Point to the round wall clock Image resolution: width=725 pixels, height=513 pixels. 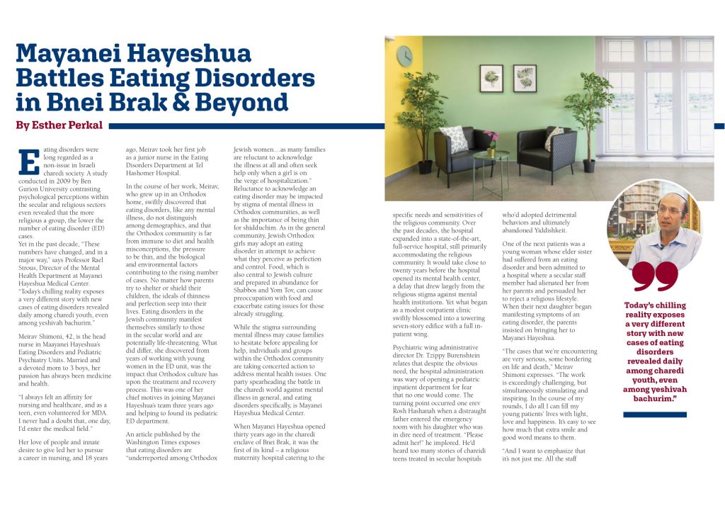click(x=404, y=56)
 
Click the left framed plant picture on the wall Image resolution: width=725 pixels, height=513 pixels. click(x=491, y=78)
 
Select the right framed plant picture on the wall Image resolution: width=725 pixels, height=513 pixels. click(x=525, y=78)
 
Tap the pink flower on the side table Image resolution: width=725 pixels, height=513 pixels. click(x=489, y=137)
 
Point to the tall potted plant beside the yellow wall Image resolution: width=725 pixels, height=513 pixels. click(x=423, y=124)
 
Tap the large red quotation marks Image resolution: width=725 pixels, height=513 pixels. click(x=656, y=276)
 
